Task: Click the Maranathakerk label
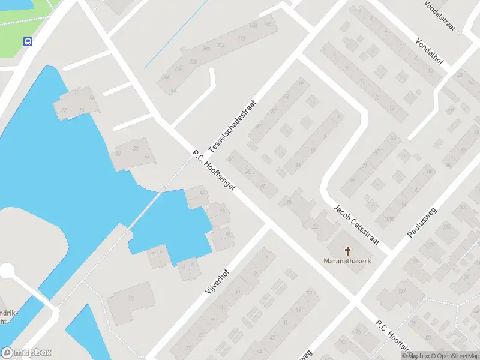coord(347,262)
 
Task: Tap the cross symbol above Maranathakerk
coord(347,250)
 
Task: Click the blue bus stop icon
coord(28,41)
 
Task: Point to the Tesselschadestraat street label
coord(232,125)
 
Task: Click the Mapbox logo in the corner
coord(26,353)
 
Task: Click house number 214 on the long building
coord(220,46)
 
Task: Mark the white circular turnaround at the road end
coord(7,272)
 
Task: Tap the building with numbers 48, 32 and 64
coord(133,153)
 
